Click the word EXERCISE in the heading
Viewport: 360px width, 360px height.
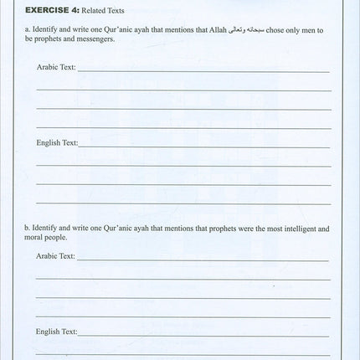(x=48, y=11)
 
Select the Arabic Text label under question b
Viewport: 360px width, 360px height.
(x=55, y=255)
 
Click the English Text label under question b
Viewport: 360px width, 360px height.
(x=56, y=332)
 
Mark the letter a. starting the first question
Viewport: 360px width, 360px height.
(x=27, y=29)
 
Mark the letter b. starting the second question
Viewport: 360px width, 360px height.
(x=27, y=228)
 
